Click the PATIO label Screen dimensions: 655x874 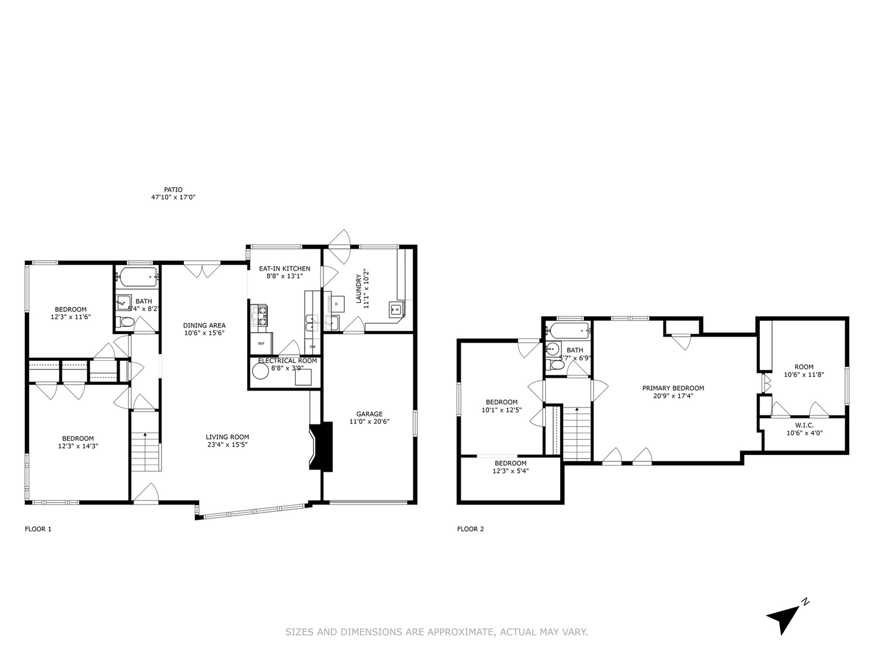pos(173,190)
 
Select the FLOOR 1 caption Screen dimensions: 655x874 pos(38,529)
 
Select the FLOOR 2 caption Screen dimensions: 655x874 pos(470,529)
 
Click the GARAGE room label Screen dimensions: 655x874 pos(369,414)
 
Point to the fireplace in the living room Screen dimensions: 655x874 pos(322,446)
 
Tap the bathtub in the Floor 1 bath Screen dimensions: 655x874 pos(138,278)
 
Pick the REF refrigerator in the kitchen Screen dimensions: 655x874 pos(262,343)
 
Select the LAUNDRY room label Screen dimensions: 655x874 pos(359,291)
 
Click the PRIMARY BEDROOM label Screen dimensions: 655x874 pos(673,388)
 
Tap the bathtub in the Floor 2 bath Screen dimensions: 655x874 pos(569,331)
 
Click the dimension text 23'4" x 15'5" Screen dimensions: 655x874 pos(227,444)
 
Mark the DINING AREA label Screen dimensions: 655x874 pos(205,326)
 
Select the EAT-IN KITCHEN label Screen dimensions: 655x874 pos(285,269)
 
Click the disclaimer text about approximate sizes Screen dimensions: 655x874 pos(436,632)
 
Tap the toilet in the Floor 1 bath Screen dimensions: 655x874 pos(124,323)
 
